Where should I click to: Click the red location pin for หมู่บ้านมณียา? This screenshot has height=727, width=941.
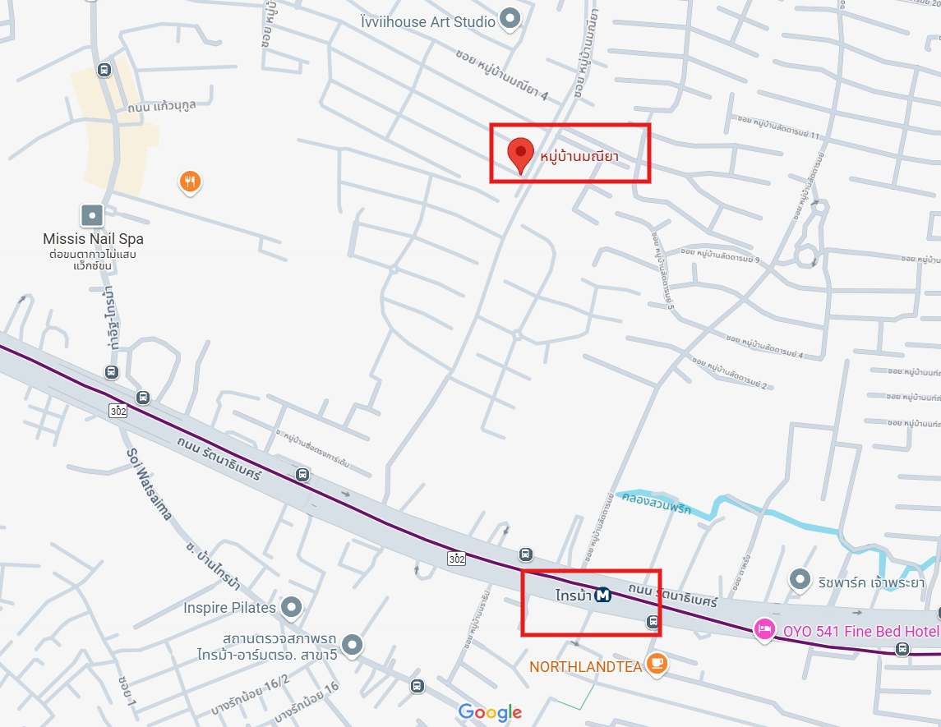519,154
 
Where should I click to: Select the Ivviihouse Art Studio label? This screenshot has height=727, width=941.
428,21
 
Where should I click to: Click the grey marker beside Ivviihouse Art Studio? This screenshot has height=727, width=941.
510,20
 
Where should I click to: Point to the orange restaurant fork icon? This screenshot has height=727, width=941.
190,181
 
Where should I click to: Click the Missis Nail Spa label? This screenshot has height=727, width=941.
93,239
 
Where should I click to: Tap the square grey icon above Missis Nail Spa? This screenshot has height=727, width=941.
92,216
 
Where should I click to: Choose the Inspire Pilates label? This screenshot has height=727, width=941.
229,608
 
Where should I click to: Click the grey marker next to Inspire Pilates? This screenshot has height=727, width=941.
291,608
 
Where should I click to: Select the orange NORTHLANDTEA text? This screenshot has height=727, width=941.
585,667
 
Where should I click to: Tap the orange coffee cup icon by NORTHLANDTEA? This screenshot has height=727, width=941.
655,664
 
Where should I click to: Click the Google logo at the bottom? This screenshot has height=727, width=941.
490,712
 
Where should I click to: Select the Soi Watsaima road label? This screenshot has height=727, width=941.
149,484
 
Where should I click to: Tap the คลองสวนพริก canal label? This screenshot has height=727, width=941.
656,503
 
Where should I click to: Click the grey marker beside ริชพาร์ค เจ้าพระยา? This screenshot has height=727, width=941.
800,580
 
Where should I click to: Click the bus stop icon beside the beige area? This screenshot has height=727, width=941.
104,70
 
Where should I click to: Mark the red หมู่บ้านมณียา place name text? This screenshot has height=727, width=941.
579,155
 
